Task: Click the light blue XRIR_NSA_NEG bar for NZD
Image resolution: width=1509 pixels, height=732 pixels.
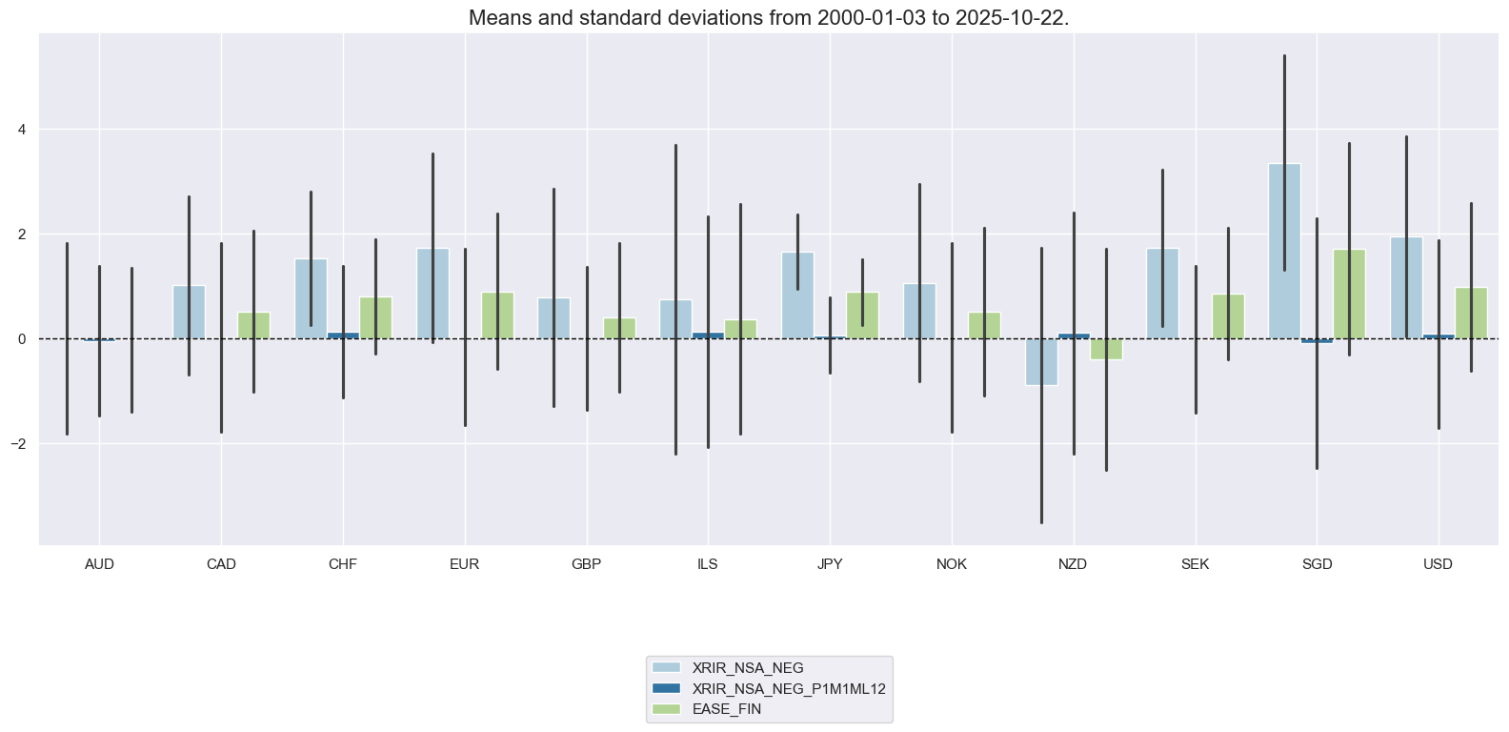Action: coord(1041,362)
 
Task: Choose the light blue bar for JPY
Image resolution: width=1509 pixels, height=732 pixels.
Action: coord(797,295)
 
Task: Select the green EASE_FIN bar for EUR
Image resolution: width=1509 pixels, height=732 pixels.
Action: coord(497,315)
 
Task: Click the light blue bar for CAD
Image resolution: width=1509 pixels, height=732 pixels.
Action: coord(189,313)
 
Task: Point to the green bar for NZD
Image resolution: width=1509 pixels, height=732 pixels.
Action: coord(1106,349)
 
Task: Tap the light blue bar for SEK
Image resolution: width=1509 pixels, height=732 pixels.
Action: coord(1162,294)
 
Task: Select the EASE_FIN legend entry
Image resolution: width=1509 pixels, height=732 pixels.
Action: coord(726,709)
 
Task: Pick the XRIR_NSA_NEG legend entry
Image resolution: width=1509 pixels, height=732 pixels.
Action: coord(747,667)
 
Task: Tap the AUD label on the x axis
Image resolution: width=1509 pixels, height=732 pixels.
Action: coord(99,564)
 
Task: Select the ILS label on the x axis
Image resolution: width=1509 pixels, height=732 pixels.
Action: coord(708,564)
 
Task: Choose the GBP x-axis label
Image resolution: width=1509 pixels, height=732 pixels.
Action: coord(586,564)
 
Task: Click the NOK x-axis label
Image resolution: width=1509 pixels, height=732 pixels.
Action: coord(951,564)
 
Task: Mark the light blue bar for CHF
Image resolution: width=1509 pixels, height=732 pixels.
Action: coord(311,298)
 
